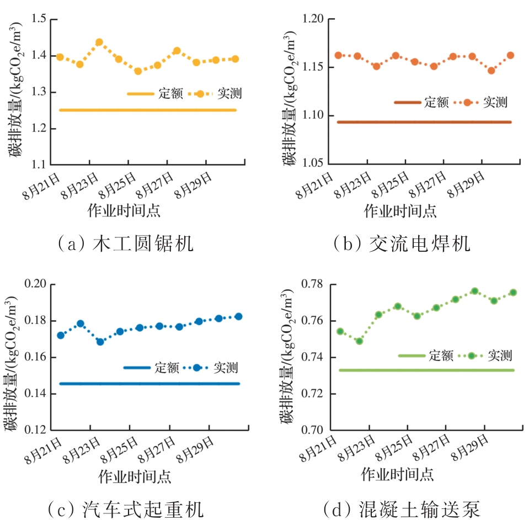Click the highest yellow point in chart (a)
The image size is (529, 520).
(x=99, y=42)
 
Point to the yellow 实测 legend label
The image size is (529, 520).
(x=229, y=94)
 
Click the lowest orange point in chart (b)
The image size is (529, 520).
(x=491, y=71)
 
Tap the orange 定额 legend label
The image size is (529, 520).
(x=436, y=102)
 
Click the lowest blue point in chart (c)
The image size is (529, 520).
(x=100, y=342)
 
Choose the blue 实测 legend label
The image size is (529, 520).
(x=226, y=367)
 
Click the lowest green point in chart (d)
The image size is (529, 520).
(x=359, y=341)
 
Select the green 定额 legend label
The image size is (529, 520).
(x=440, y=355)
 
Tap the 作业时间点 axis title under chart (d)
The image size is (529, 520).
(x=397, y=474)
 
